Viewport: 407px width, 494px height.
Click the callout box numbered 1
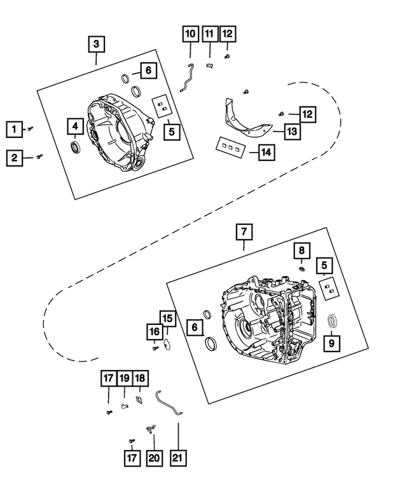(x=13, y=129)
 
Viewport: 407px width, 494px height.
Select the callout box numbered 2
(x=13, y=157)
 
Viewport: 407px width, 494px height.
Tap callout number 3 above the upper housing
(x=96, y=44)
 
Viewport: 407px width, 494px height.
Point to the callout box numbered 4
(x=74, y=126)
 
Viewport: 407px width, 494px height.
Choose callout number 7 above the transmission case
(x=244, y=232)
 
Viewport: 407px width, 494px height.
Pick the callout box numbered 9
(x=331, y=343)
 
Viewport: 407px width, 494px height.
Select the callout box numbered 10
(x=190, y=34)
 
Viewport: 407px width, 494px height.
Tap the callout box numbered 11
(x=209, y=34)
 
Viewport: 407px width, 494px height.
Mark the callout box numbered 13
(x=291, y=132)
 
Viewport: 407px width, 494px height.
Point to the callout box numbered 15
(x=167, y=318)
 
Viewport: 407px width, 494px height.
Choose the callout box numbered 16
(x=155, y=331)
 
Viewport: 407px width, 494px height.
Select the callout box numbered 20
(x=153, y=457)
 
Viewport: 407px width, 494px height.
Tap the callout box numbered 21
(x=178, y=457)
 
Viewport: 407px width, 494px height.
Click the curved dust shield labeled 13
(x=245, y=121)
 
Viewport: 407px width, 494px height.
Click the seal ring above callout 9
(x=331, y=320)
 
